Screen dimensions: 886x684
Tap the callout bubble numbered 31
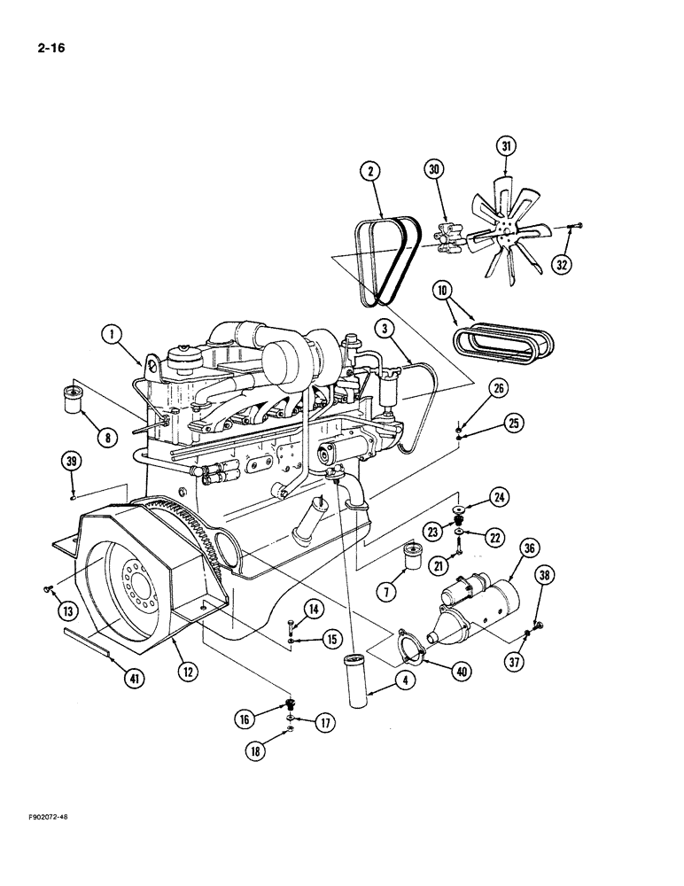506,146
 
